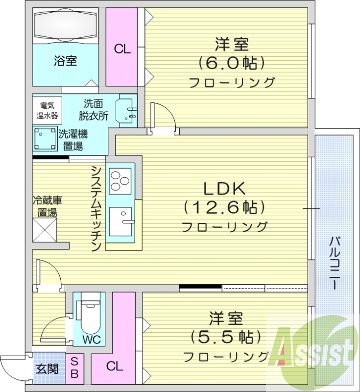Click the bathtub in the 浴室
click(x=65, y=26)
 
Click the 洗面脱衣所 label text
click(x=93, y=110)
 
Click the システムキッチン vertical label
click(x=96, y=208)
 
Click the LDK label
click(x=224, y=188)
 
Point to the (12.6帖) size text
click(x=224, y=207)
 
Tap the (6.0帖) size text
click(x=231, y=63)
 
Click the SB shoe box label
click(x=74, y=368)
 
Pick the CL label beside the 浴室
click(x=122, y=49)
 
